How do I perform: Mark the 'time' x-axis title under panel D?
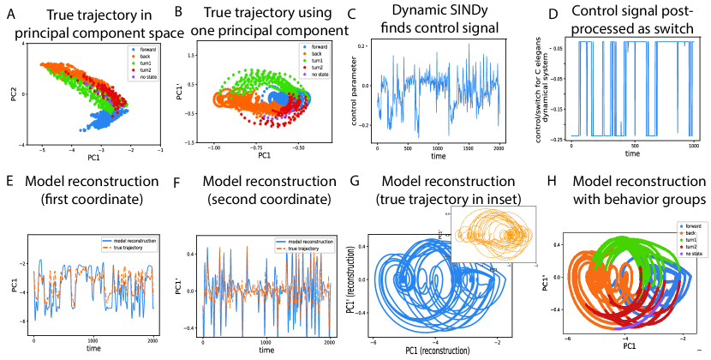(631, 155)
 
